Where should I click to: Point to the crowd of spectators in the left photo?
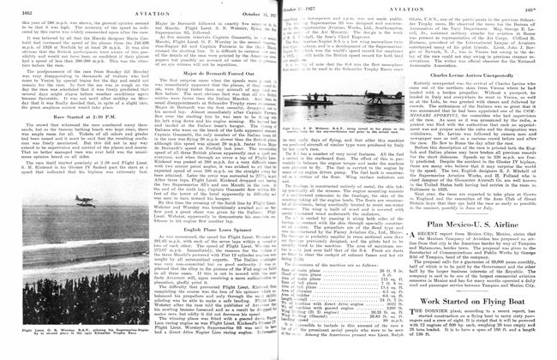(x=86, y=330)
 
